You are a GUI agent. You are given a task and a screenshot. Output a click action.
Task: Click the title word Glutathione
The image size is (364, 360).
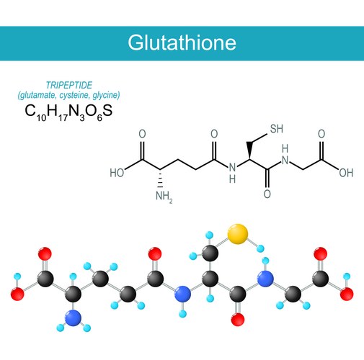click(x=182, y=42)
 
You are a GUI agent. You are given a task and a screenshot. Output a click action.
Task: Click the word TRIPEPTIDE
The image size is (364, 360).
click(x=69, y=85)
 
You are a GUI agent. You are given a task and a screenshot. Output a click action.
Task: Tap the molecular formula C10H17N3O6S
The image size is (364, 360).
click(x=68, y=112)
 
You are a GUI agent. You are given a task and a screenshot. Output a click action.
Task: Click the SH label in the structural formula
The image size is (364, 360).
click(x=277, y=129)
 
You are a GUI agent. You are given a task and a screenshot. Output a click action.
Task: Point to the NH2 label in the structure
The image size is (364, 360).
click(x=164, y=197)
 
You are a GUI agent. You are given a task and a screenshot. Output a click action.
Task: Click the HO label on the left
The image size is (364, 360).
click(x=117, y=173)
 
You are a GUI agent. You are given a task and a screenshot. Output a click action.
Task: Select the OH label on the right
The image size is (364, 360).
click(x=346, y=173)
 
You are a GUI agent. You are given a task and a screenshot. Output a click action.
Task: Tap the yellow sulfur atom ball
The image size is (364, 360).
click(x=237, y=234)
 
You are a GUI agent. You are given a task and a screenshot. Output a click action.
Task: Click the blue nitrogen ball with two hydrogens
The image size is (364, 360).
click(x=73, y=318)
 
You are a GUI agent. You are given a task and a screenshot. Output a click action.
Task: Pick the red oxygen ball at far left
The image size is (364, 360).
click(x=17, y=294)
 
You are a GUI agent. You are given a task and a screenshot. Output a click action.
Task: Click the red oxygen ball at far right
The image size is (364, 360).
click(x=347, y=294)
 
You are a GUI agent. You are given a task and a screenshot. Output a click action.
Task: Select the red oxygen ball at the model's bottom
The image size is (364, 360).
click(x=238, y=320)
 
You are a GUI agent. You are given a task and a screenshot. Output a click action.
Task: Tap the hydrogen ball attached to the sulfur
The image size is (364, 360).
click(x=260, y=248)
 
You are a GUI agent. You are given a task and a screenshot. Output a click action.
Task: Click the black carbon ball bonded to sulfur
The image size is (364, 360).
click(x=210, y=253)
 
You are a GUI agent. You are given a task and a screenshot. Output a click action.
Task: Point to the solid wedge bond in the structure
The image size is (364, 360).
click(x=250, y=150)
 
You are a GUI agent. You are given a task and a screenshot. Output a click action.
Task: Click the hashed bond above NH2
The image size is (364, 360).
click(x=160, y=179)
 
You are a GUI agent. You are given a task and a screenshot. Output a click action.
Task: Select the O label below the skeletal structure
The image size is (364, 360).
click(x=267, y=194)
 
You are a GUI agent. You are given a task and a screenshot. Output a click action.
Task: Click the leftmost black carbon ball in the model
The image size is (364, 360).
click(x=45, y=279)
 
